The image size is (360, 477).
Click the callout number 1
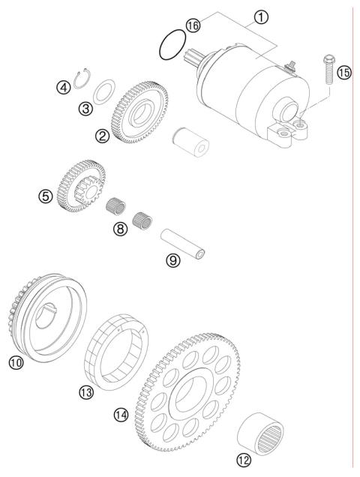[x=262, y=16]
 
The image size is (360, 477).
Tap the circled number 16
[x=193, y=25]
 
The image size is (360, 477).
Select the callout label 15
[x=344, y=73]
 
